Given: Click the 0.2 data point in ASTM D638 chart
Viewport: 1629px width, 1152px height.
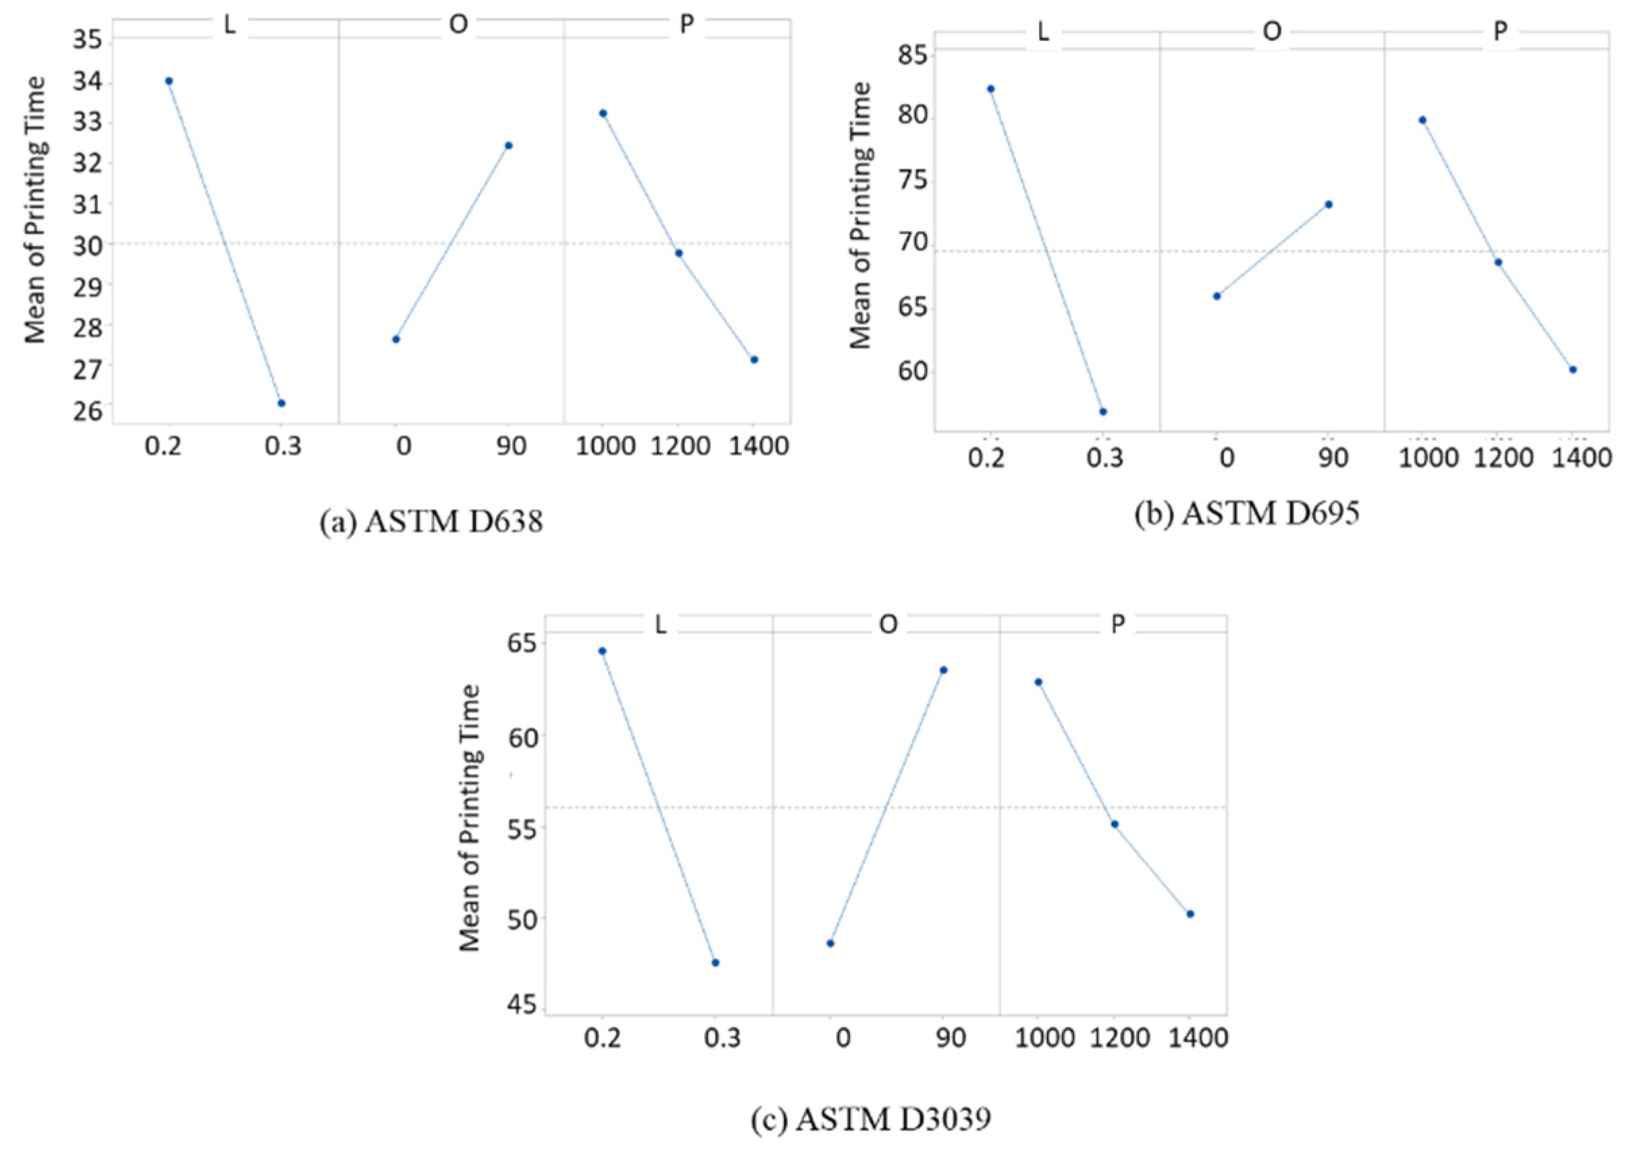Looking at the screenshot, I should tap(169, 81).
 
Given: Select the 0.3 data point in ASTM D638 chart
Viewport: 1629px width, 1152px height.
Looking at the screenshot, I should tap(282, 403).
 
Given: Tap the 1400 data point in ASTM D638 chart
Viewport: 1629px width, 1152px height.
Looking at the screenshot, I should tap(754, 360).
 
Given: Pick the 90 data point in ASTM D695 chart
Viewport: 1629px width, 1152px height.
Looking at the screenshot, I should tap(1329, 205).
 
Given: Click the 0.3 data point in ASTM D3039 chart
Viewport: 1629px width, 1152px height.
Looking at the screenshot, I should tap(716, 962).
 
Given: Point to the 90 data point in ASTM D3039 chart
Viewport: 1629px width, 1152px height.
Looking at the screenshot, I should tap(944, 670).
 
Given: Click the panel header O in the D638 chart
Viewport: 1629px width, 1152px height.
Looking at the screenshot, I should tap(458, 25).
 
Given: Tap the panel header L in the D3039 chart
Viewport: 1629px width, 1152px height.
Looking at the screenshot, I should tap(660, 625).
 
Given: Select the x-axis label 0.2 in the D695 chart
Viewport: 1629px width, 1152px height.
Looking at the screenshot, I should tap(988, 459).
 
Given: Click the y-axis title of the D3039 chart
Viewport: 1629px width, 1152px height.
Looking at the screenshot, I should tap(471, 818).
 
